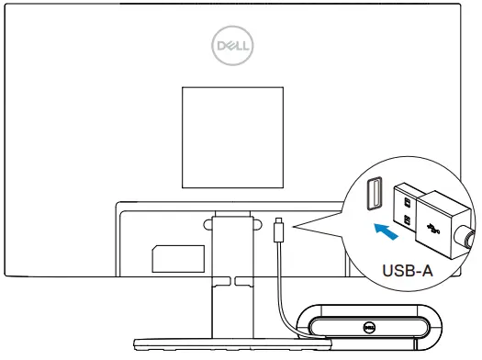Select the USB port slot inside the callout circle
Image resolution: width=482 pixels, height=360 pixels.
pyautogui.click(x=374, y=195)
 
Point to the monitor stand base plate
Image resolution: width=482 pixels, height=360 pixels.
pyautogui.click(x=220, y=345)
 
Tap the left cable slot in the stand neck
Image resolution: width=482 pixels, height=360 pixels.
pyautogui.click(x=219, y=277)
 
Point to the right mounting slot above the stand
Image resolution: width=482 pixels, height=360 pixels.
pyautogui.click(x=252, y=220)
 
